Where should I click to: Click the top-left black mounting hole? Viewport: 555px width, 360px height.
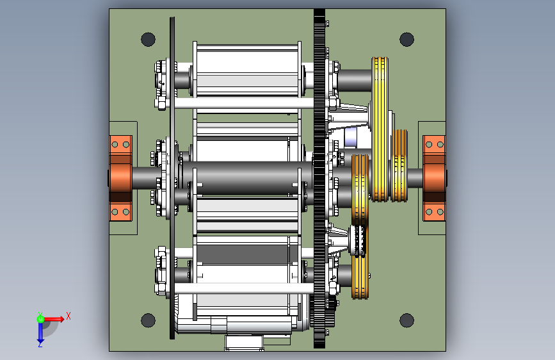[x=148, y=39]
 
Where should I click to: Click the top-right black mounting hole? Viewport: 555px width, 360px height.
[x=406, y=39]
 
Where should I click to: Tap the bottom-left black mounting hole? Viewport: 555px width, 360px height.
[x=148, y=320]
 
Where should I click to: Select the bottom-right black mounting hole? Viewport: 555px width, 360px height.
[x=406, y=320]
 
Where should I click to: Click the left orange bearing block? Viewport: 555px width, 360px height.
[x=120, y=178]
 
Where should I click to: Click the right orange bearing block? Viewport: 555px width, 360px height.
[x=434, y=178]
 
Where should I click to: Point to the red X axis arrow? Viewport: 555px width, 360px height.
[x=54, y=319]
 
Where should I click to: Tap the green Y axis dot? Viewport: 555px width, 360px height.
[x=40, y=319]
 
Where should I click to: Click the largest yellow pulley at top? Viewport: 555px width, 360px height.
[x=380, y=129]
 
